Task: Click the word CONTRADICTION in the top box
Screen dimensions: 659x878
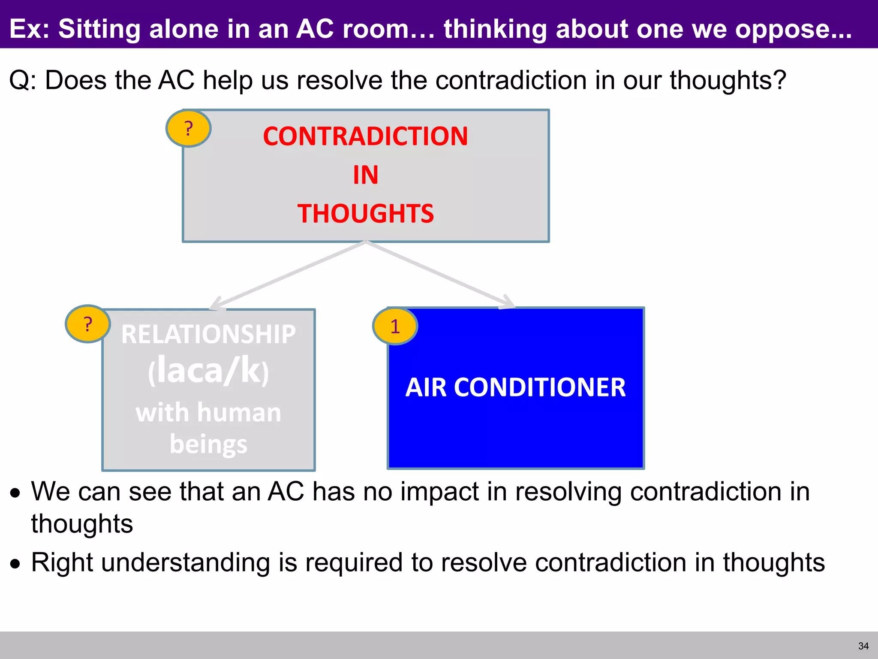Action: click(365, 136)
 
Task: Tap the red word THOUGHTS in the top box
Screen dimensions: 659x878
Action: click(365, 214)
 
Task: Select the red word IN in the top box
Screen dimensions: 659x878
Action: click(365, 175)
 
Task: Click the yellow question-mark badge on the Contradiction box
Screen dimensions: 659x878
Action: click(188, 128)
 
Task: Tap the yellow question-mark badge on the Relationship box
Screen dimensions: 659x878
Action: click(88, 324)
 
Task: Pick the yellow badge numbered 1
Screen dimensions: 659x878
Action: click(395, 326)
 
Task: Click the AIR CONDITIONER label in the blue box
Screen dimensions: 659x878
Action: click(515, 387)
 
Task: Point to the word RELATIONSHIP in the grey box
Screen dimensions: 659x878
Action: click(208, 334)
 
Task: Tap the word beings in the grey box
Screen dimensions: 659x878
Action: click(208, 444)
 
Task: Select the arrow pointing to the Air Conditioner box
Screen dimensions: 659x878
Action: click(442, 275)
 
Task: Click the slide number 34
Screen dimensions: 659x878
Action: click(863, 646)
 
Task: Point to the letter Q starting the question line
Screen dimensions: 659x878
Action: click(19, 81)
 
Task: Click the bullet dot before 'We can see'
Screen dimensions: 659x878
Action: click(16, 493)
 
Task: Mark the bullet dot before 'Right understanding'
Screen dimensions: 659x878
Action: click(16, 564)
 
